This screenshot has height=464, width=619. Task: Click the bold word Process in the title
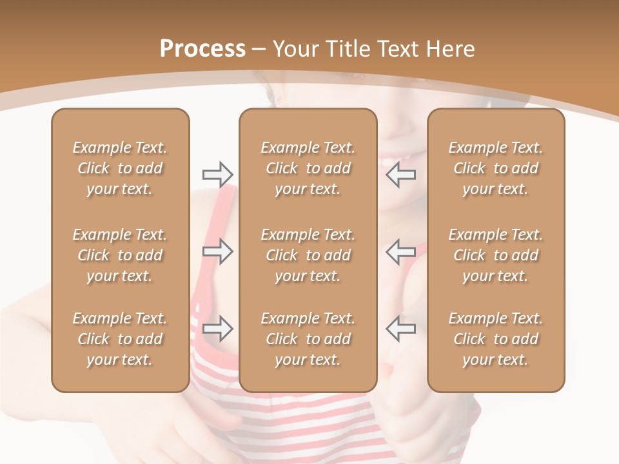point(202,49)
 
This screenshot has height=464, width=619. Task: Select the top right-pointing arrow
point(217,174)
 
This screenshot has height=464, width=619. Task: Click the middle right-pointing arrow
point(217,251)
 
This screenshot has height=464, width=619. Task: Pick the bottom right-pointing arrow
point(217,329)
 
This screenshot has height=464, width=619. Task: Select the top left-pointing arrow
point(400,174)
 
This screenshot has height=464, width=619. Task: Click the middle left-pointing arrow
point(400,251)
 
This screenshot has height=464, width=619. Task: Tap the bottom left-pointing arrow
point(400,329)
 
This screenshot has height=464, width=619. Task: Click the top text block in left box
point(120,168)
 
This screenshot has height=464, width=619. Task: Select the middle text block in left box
point(120,255)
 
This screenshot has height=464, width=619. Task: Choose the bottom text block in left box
point(120,339)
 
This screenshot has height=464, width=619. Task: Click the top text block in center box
point(308,168)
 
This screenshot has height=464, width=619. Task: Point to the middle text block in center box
point(308,255)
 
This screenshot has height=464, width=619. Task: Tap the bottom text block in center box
point(308,339)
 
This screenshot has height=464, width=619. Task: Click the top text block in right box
point(495,168)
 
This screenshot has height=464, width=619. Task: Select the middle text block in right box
point(495,255)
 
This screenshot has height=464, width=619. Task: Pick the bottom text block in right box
point(495,339)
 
